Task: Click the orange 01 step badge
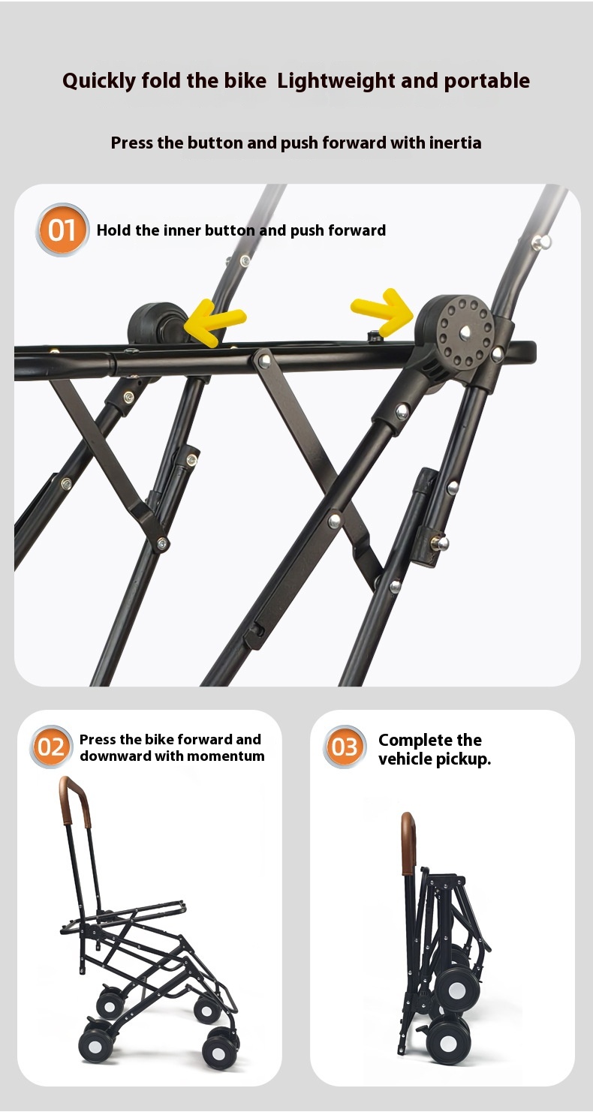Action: coord(62,230)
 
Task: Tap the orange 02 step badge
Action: coord(51,747)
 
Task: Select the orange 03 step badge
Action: coord(345,747)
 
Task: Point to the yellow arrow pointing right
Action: coord(382,311)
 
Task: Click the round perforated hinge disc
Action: coord(464,331)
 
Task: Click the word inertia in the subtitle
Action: coord(456,143)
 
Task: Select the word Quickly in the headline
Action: coord(99,81)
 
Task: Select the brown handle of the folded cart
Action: coord(408,843)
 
